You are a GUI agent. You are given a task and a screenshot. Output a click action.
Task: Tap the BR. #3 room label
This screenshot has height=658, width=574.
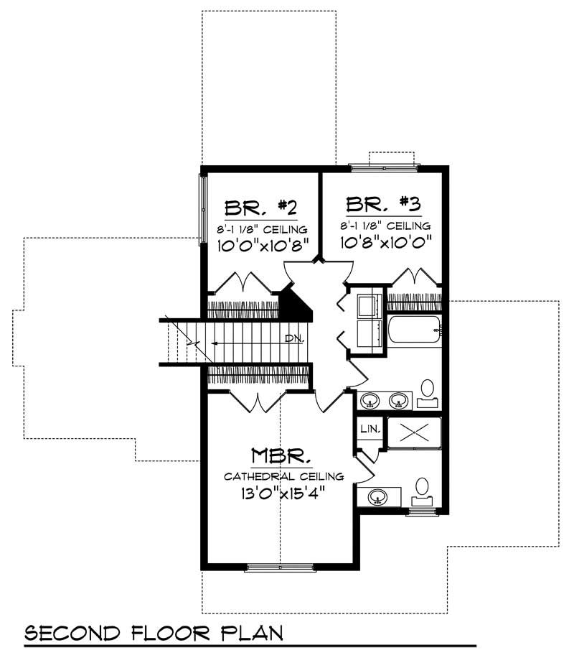click(382, 204)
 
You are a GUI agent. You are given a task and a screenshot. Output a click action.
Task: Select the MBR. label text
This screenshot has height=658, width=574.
click(281, 456)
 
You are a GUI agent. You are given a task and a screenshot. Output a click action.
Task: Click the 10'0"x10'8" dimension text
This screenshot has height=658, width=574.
click(263, 245)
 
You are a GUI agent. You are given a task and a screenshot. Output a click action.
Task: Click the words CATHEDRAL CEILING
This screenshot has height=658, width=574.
click(283, 476)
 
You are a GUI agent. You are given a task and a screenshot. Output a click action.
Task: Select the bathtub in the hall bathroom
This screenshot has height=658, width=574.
click(414, 331)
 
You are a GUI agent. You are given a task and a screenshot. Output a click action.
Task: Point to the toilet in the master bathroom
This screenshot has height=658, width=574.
click(423, 488)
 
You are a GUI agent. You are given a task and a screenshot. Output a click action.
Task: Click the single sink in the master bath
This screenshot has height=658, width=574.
click(378, 495)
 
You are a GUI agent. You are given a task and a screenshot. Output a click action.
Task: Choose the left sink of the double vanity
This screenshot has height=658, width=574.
click(370, 400)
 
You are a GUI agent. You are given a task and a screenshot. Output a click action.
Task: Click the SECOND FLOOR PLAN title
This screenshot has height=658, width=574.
click(153, 633)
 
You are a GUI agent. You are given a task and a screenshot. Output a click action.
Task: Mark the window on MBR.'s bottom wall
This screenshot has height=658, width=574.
click(281, 568)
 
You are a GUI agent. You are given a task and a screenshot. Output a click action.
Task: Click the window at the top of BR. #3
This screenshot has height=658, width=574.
click(385, 167)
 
